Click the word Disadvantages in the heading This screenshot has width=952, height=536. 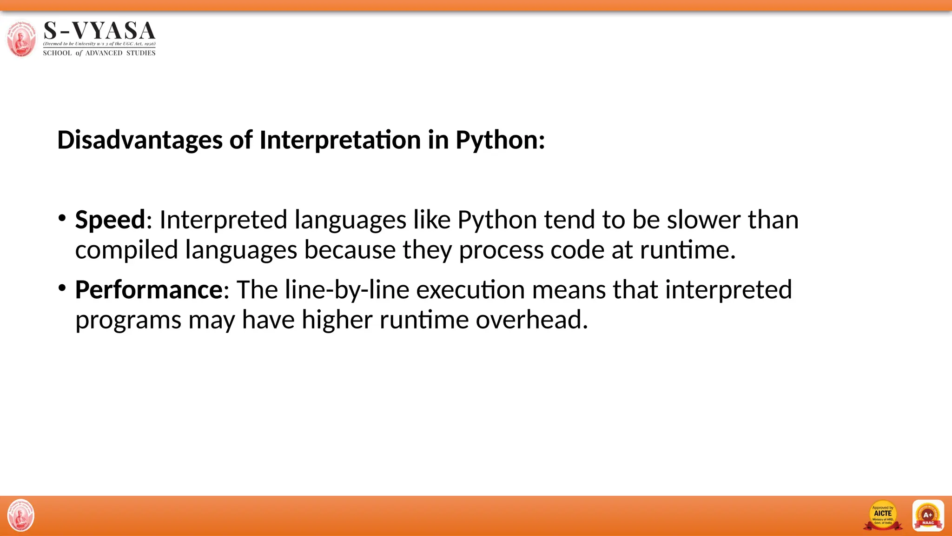(x=139, y=140)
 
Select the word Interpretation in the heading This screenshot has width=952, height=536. (x=340, y=140)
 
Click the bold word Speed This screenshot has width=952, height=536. (x=110, y=220)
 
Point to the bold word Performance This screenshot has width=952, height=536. (x=149, y=290)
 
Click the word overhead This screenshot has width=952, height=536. (x=532, y=320)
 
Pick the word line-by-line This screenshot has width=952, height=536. (x=347, y=290)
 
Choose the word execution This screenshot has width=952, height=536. (x=470, y=290)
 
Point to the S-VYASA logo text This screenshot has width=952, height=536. (x=99, y=31)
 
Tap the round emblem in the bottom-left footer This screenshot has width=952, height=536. (x=21, y=515)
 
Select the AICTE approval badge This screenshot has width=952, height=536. (x=883, y=516)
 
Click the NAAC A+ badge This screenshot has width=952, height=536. (x=928, y=516)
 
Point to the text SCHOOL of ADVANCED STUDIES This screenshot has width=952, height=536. (x=99, y=53)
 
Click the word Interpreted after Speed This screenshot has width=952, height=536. (x=223, y=220)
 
